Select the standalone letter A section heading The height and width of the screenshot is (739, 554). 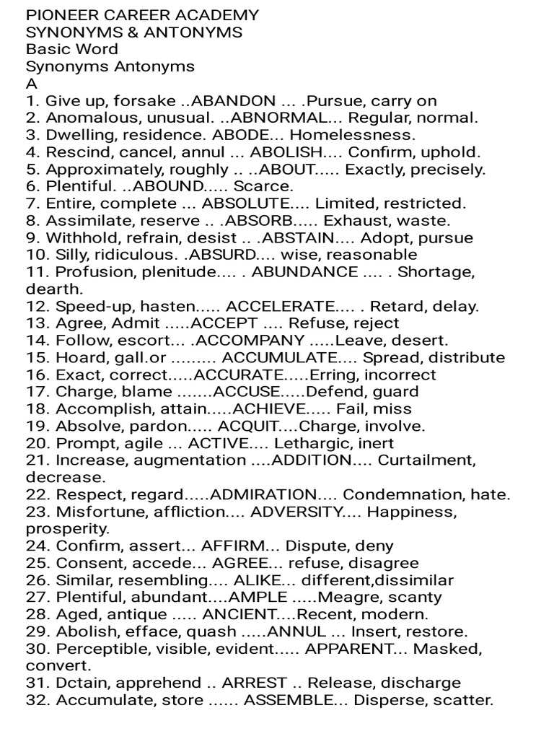[x=31, y=83]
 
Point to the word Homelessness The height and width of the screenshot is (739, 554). [x=353, y=135]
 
